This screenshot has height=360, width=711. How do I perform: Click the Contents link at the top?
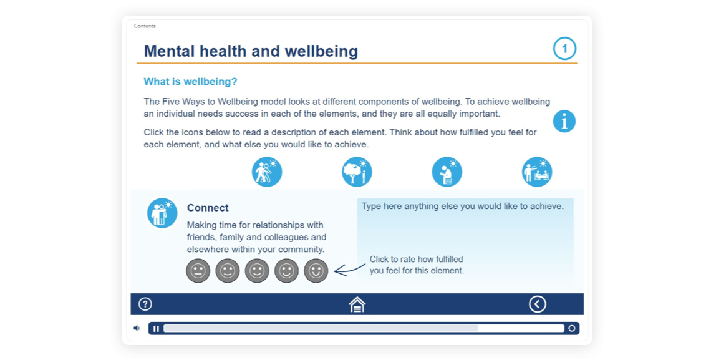pos(145,26)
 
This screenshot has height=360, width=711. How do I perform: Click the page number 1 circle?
pos(564,49)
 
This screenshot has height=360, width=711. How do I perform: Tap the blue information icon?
pos(564,121)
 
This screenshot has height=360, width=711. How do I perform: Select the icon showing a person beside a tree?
pos(357,172)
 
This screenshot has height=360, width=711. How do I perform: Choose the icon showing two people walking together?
pos(267,172)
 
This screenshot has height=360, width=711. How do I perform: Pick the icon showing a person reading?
pos(447,172)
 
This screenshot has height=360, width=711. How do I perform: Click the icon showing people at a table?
pos(537,172)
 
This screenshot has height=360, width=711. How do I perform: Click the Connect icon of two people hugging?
pos(162,213)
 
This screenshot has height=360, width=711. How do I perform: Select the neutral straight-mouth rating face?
pos(198,271)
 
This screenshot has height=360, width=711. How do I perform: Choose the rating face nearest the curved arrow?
pos(316,271)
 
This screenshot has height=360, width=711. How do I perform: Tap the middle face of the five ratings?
pos(257,271)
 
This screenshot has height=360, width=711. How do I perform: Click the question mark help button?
pos(145,304)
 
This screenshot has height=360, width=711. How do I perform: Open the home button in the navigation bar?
pos(357,304)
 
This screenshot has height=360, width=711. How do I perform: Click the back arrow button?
pos(538,304)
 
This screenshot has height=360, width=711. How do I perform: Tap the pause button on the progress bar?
pos(156,329)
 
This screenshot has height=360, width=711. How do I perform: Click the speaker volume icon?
pos(137,328)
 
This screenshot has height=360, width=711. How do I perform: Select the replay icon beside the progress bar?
pos(572,328)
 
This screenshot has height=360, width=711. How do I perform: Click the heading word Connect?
pos(208,208)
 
